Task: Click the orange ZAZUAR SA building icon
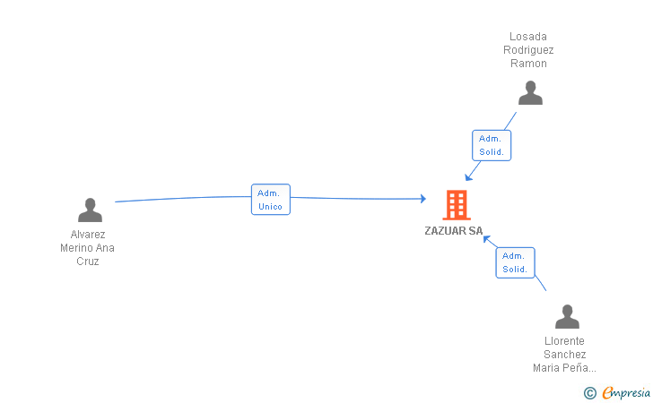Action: (456, 205)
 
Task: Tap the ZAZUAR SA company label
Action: (454, 231)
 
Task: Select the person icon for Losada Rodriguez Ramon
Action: (530, 93)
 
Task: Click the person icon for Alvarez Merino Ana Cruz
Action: (90, 210)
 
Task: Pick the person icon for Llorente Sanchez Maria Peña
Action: (567, 317)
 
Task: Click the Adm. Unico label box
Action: (270, 200)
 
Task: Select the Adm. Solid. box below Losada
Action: (492, 145)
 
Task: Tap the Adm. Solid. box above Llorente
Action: (515, 262)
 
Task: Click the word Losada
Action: (528, 37)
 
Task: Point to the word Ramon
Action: (528, 64)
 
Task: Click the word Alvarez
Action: (87, 235)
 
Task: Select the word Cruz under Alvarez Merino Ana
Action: (87, 262)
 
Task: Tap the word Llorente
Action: (564, 340)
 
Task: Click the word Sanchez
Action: (564, 354)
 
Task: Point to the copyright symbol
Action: (589, 392)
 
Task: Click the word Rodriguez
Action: (528, 50)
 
